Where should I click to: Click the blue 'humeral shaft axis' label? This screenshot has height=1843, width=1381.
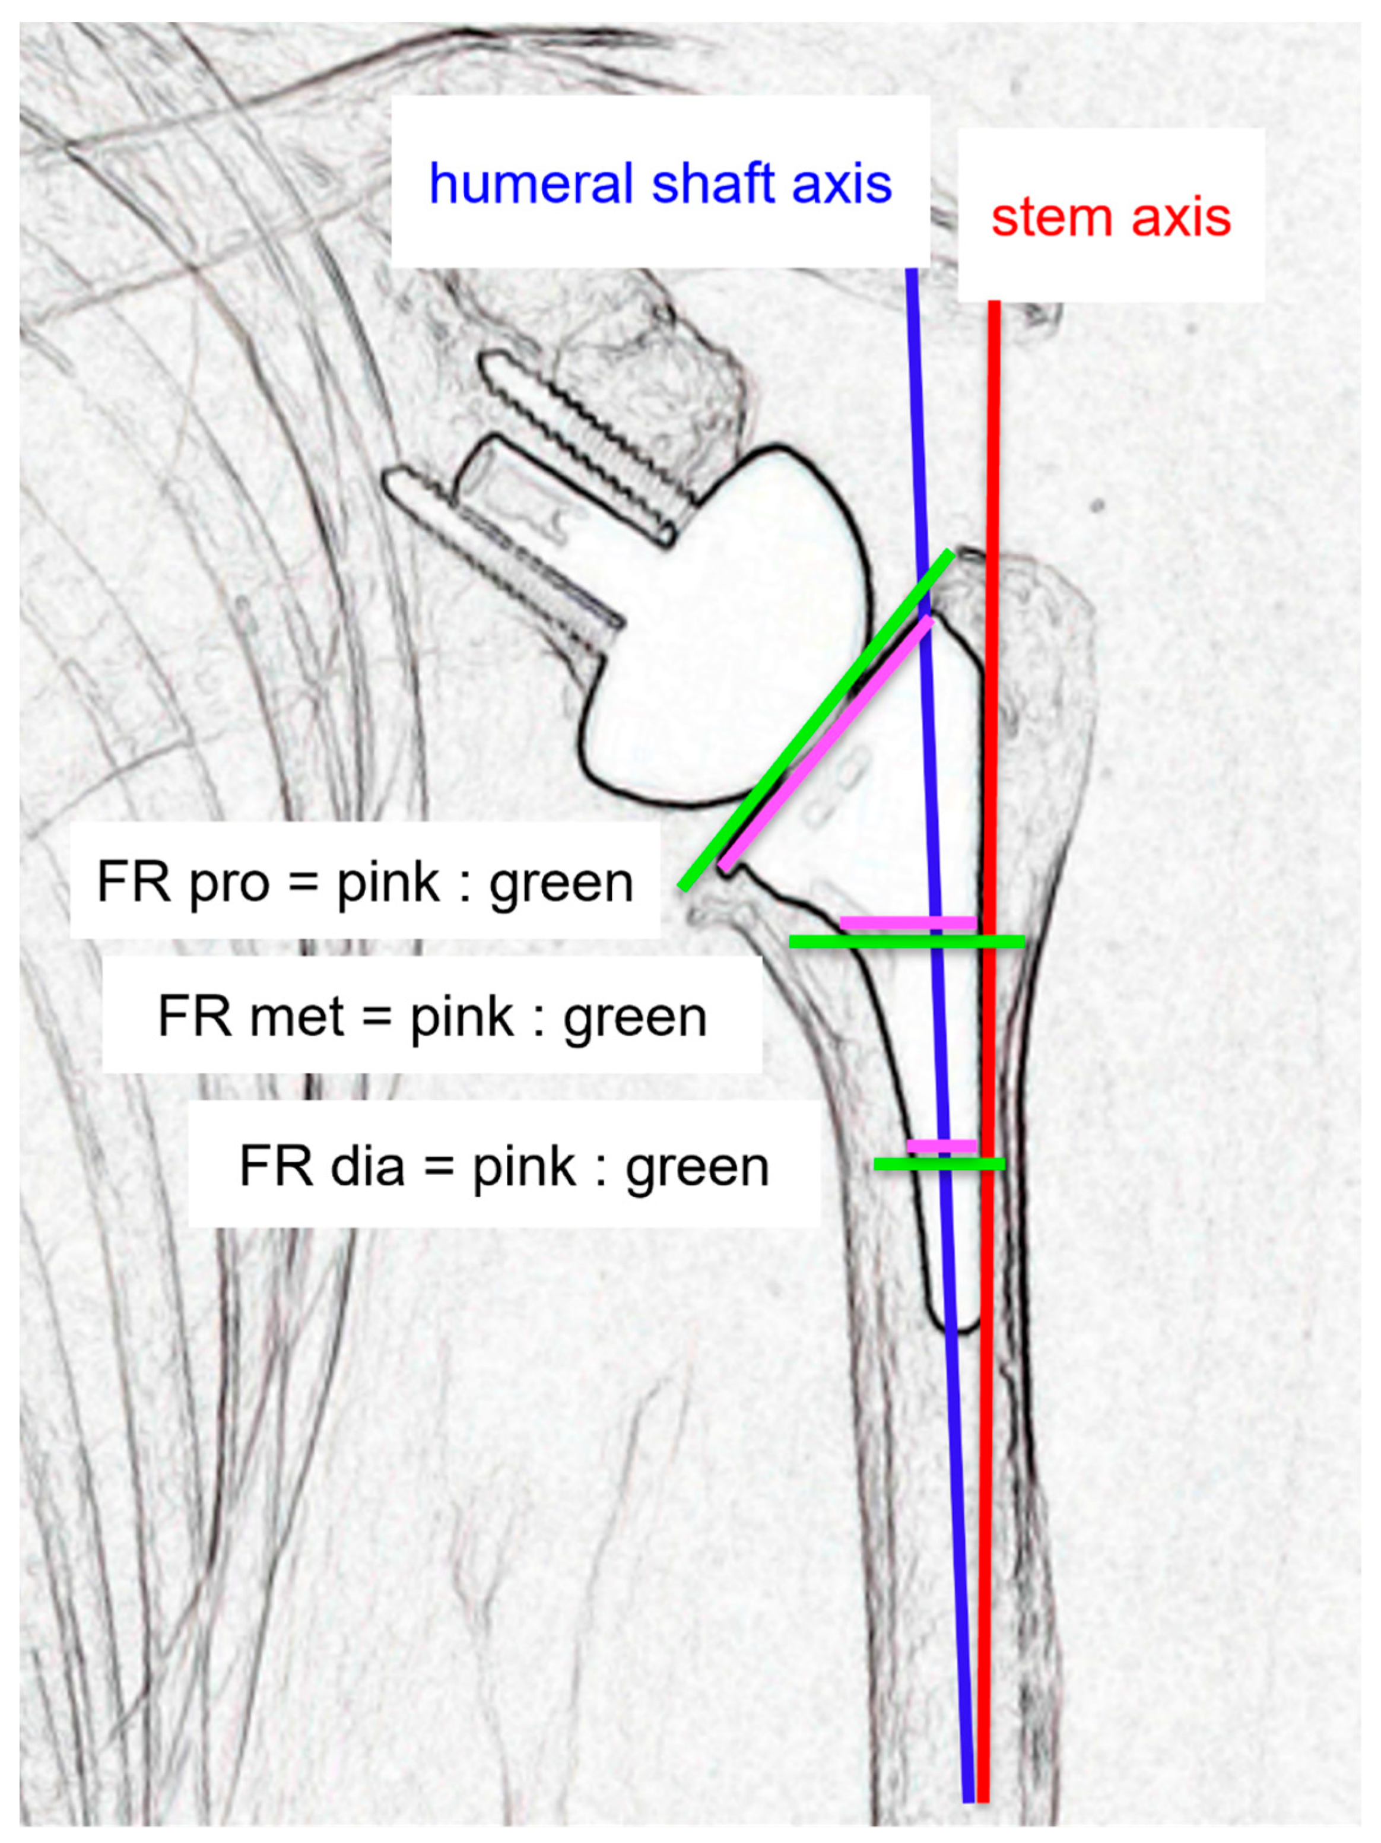tap(660, 183)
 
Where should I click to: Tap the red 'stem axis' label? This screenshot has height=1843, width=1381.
tap(1110, 218)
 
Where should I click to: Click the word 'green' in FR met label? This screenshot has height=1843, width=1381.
tap(634, 1017)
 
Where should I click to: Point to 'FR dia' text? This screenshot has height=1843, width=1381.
tap(322, 1166)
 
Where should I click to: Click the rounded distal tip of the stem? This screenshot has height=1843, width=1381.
tap(958, 1325)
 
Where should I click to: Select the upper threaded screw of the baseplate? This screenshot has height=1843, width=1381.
tap(583, 442)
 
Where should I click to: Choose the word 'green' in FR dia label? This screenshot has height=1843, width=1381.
tap(697, 1166)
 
